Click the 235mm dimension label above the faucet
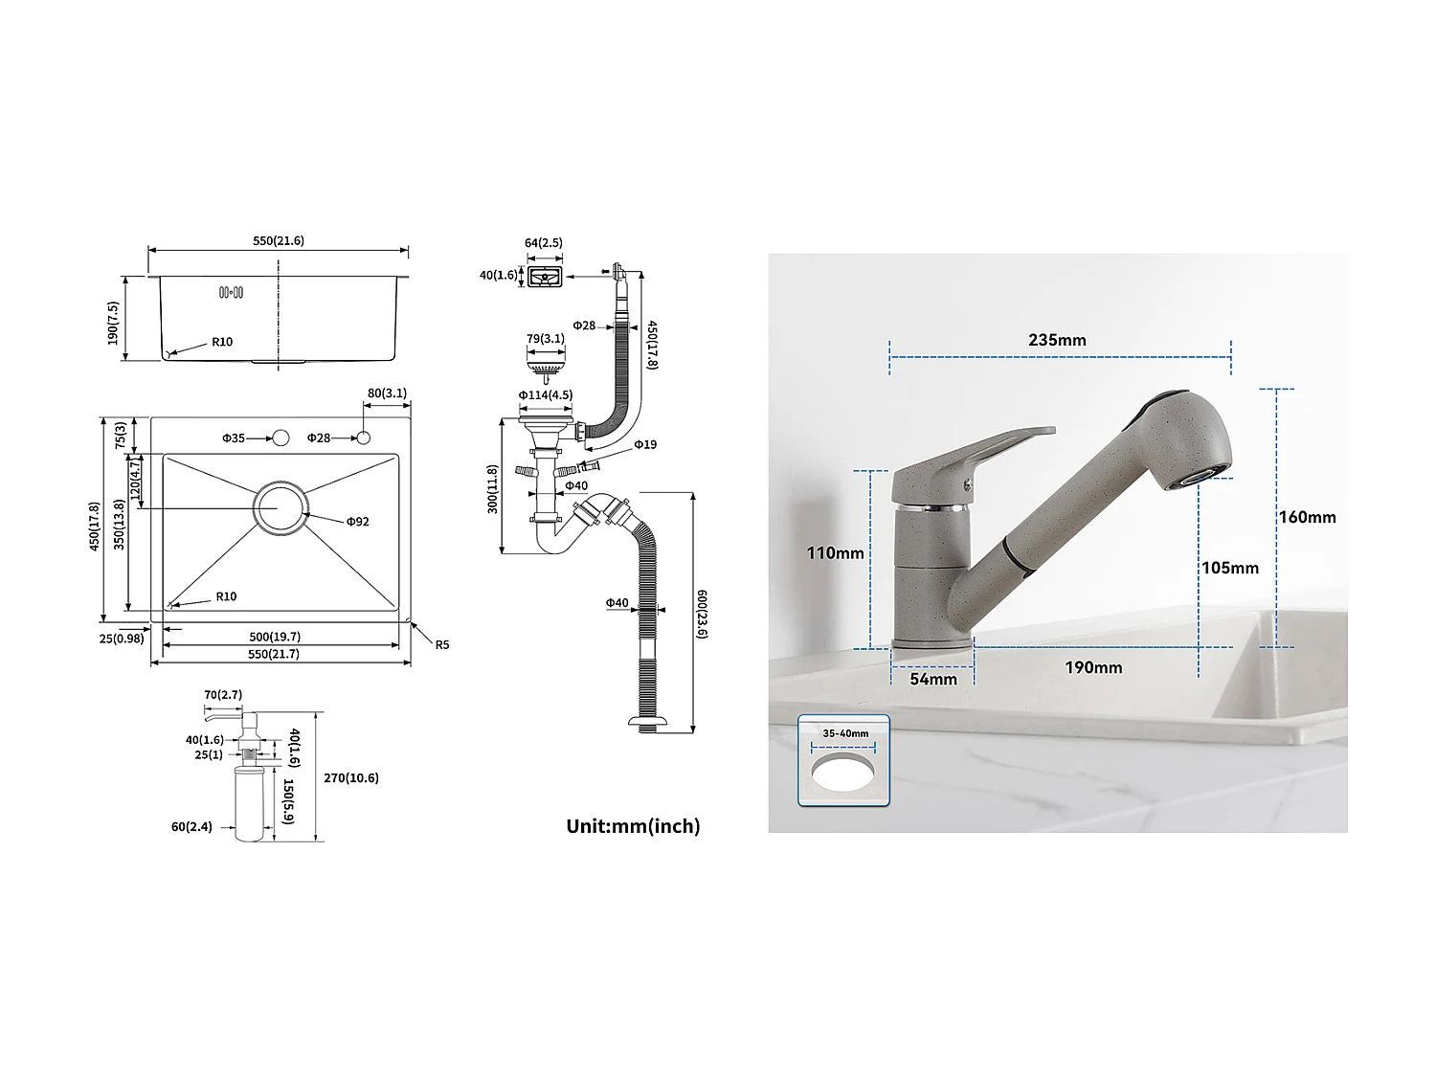(x=1057, y=340)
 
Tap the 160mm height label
(x=1307, y=517)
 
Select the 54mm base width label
(x=932, y=679)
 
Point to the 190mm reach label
(x=1093, y=667)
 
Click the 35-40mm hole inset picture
(x=843, y=761)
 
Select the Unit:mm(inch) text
(x=633, y=825)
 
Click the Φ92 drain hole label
(x=357, y=522)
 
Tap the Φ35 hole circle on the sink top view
(x=280, y=438)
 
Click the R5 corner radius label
(x=441, y=645)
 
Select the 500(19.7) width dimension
(x=275, y=637)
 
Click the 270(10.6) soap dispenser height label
(x=350, y=778)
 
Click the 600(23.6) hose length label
(x=702, y=614)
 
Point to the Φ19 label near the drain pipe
(x=645, y=444)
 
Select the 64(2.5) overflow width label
(x=543, y=243)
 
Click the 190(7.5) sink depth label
(x=113, y=324)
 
